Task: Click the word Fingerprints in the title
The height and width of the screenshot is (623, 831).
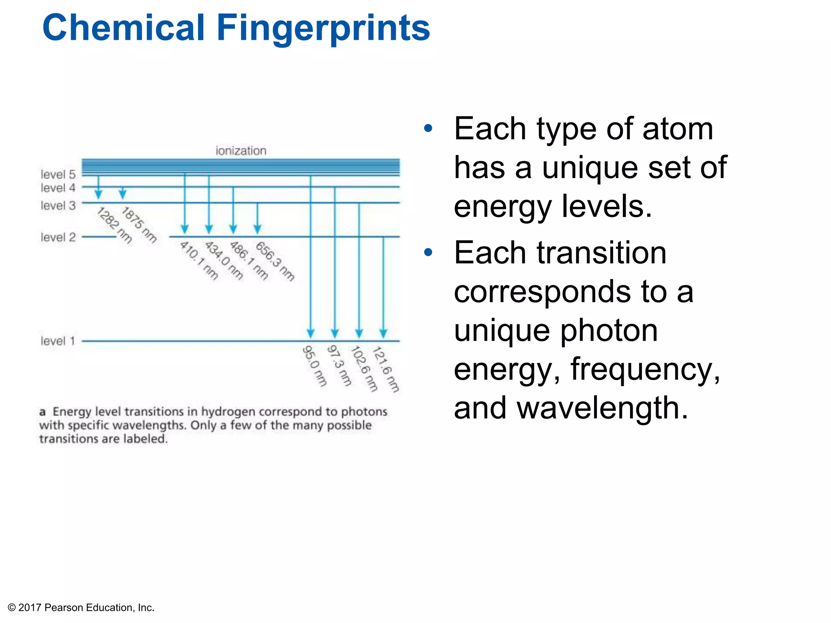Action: (323, 28)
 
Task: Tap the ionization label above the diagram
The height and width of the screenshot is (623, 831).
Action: (241, 151)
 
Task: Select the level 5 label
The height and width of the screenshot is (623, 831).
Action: (58, 174)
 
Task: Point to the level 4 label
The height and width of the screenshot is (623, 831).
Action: (58, 188)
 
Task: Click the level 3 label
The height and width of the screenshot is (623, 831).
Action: (58, 206)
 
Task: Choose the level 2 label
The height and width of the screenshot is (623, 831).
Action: (58, 237)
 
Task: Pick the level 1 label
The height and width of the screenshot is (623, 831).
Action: (58, 341)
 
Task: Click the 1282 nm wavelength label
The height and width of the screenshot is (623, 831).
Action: (114, 225)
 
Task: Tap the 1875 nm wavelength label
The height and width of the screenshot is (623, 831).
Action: (139, 225)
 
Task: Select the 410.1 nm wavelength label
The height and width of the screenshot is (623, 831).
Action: (199, 260)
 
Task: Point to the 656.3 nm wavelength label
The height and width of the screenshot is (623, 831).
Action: (275, 261)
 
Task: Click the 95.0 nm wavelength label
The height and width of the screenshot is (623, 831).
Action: (314, 366)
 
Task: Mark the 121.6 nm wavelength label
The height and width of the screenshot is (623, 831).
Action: (386, 369)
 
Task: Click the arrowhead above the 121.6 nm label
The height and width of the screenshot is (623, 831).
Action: (383, 333)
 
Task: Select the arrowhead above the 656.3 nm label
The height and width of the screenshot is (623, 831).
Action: (257, 229)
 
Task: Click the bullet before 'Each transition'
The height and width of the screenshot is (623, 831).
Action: (428, 253)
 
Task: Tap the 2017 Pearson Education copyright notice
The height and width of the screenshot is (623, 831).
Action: (81, 608)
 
